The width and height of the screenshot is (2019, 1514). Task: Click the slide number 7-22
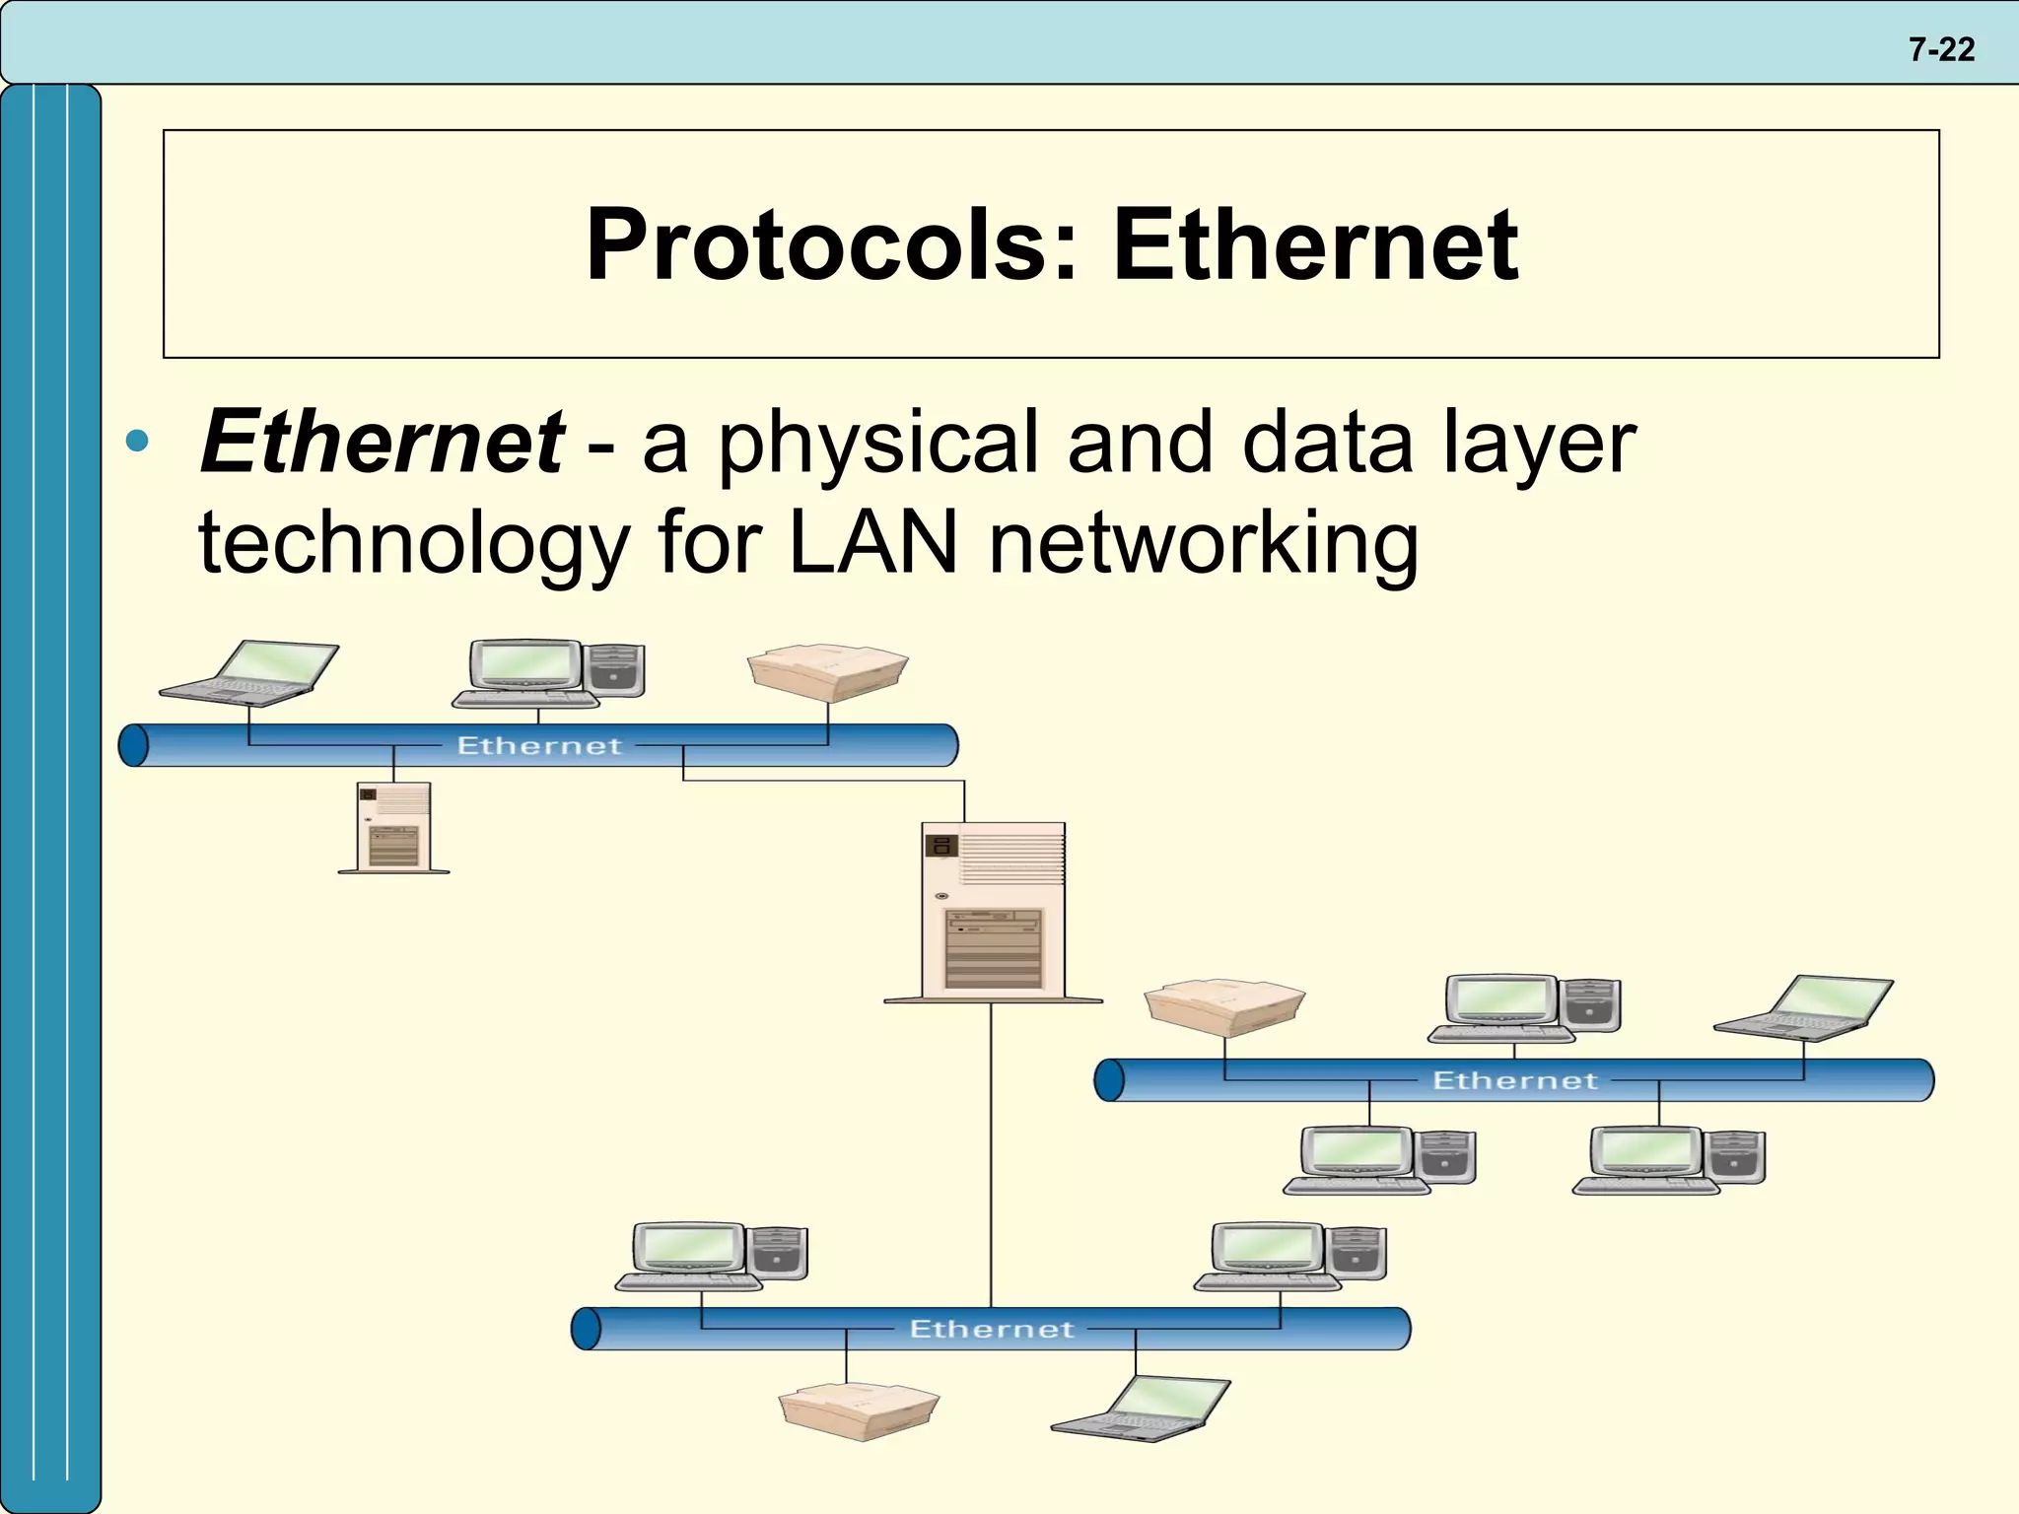tap(1941, 49)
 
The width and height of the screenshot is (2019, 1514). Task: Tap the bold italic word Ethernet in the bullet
tap(382, 442)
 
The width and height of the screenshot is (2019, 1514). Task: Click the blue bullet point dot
tap(137, 441)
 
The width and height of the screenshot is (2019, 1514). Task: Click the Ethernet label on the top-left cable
tap(539, 746)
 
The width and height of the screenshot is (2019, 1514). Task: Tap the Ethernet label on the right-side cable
tap(1514, 1081)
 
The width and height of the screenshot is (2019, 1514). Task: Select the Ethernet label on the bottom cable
tap(991, 1330)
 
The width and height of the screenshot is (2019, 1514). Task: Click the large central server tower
tap(993, 912)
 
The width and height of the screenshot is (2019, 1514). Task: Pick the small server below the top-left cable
tap(393, 827)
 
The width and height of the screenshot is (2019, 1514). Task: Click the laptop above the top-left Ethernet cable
tap(252, 673)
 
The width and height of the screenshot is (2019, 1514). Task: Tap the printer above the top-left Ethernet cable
tap(827, 672)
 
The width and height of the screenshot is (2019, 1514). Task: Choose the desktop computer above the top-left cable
tap(548, 673)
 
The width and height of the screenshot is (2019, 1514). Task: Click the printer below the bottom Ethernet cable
tap(858, 1411)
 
